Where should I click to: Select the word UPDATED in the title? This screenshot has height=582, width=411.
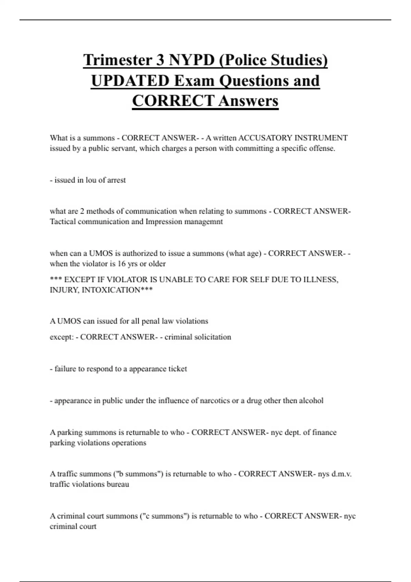point(130,81)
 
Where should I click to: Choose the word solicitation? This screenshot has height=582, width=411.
point(213,337)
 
